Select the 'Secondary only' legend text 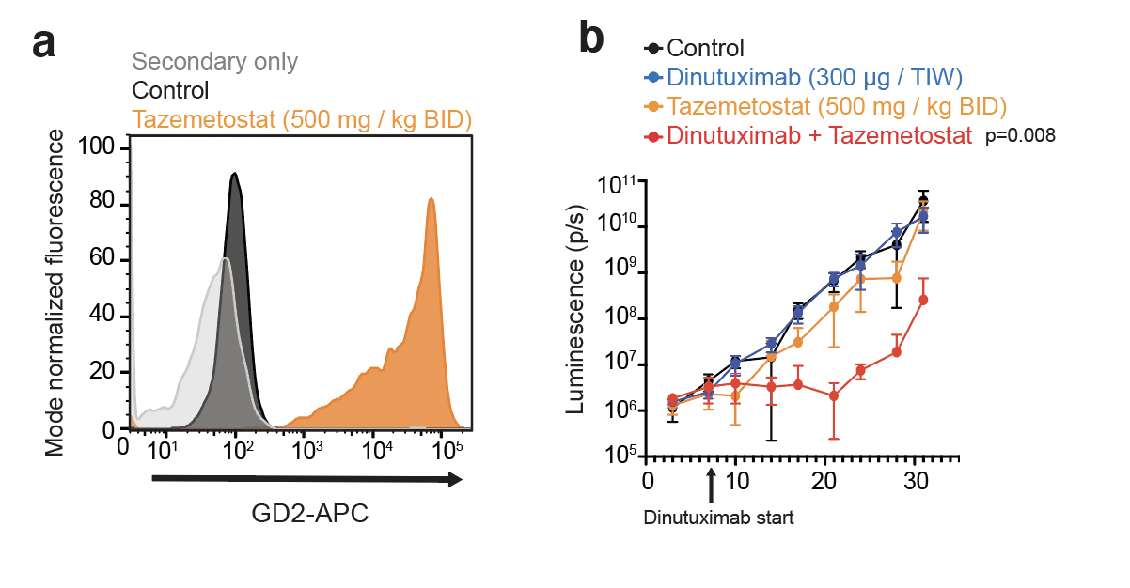215,62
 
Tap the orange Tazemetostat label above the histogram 302,119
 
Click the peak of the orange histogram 432,199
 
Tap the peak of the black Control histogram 234,174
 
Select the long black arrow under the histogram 306,479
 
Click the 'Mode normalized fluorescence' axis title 55,293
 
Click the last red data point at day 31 923,300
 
